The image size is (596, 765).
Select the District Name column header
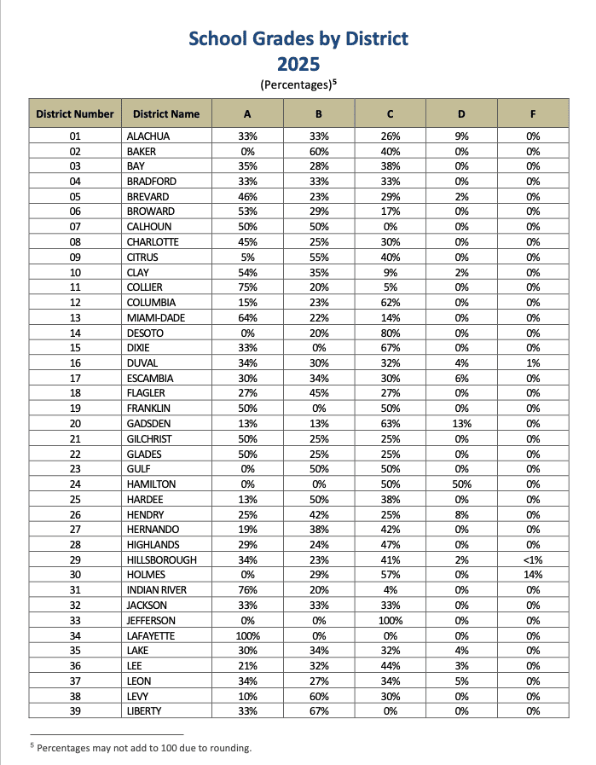[x=166, y=113]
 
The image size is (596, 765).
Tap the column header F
[x=533, y=113]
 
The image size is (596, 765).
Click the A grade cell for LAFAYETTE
[x=247, y=636]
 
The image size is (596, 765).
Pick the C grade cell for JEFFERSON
[x=390, y=621]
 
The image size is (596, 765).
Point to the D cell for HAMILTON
[x=461, y=484]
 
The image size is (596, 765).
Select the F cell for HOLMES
[x=533, y=574]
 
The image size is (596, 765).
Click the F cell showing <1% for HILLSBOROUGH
[x=533, y=559]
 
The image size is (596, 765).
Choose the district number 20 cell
[x=74, y=424]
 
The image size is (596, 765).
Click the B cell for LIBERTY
[x=318, y=710]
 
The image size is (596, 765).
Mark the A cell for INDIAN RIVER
[x=247, y=589]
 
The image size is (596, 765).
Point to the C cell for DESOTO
[x=390, y=333]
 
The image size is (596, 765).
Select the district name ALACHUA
[x=148, y=136]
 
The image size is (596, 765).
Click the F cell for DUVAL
[x=533, y=363]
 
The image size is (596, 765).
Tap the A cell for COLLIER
[x=247, y=287]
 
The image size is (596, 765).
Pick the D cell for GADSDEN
[x=461, y=424]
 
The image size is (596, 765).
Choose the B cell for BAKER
[x=318, y=152]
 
